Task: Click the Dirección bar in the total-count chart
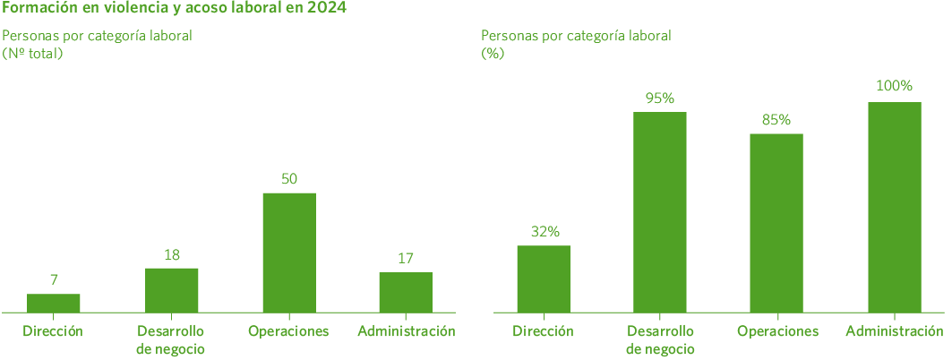click(54, 303)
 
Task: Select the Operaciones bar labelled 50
click(288, 252)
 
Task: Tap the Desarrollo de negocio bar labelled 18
click(171, 289)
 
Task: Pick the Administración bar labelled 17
click(405, 292)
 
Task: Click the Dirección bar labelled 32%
click(544, 279)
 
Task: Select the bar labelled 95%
click(660, 212)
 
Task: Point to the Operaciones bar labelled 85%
click(776, 223)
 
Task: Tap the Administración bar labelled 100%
click(894, 207)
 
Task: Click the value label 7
click(54, 280)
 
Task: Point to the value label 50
click(288, 178)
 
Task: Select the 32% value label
click(544, 231)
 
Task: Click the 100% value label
click(894, 86)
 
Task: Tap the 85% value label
click(776, 120)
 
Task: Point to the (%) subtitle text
click(493, 53)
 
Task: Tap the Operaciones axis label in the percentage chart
click(777, 332)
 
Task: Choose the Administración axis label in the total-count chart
click(406, 332)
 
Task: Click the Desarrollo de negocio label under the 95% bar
click(660, 340)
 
